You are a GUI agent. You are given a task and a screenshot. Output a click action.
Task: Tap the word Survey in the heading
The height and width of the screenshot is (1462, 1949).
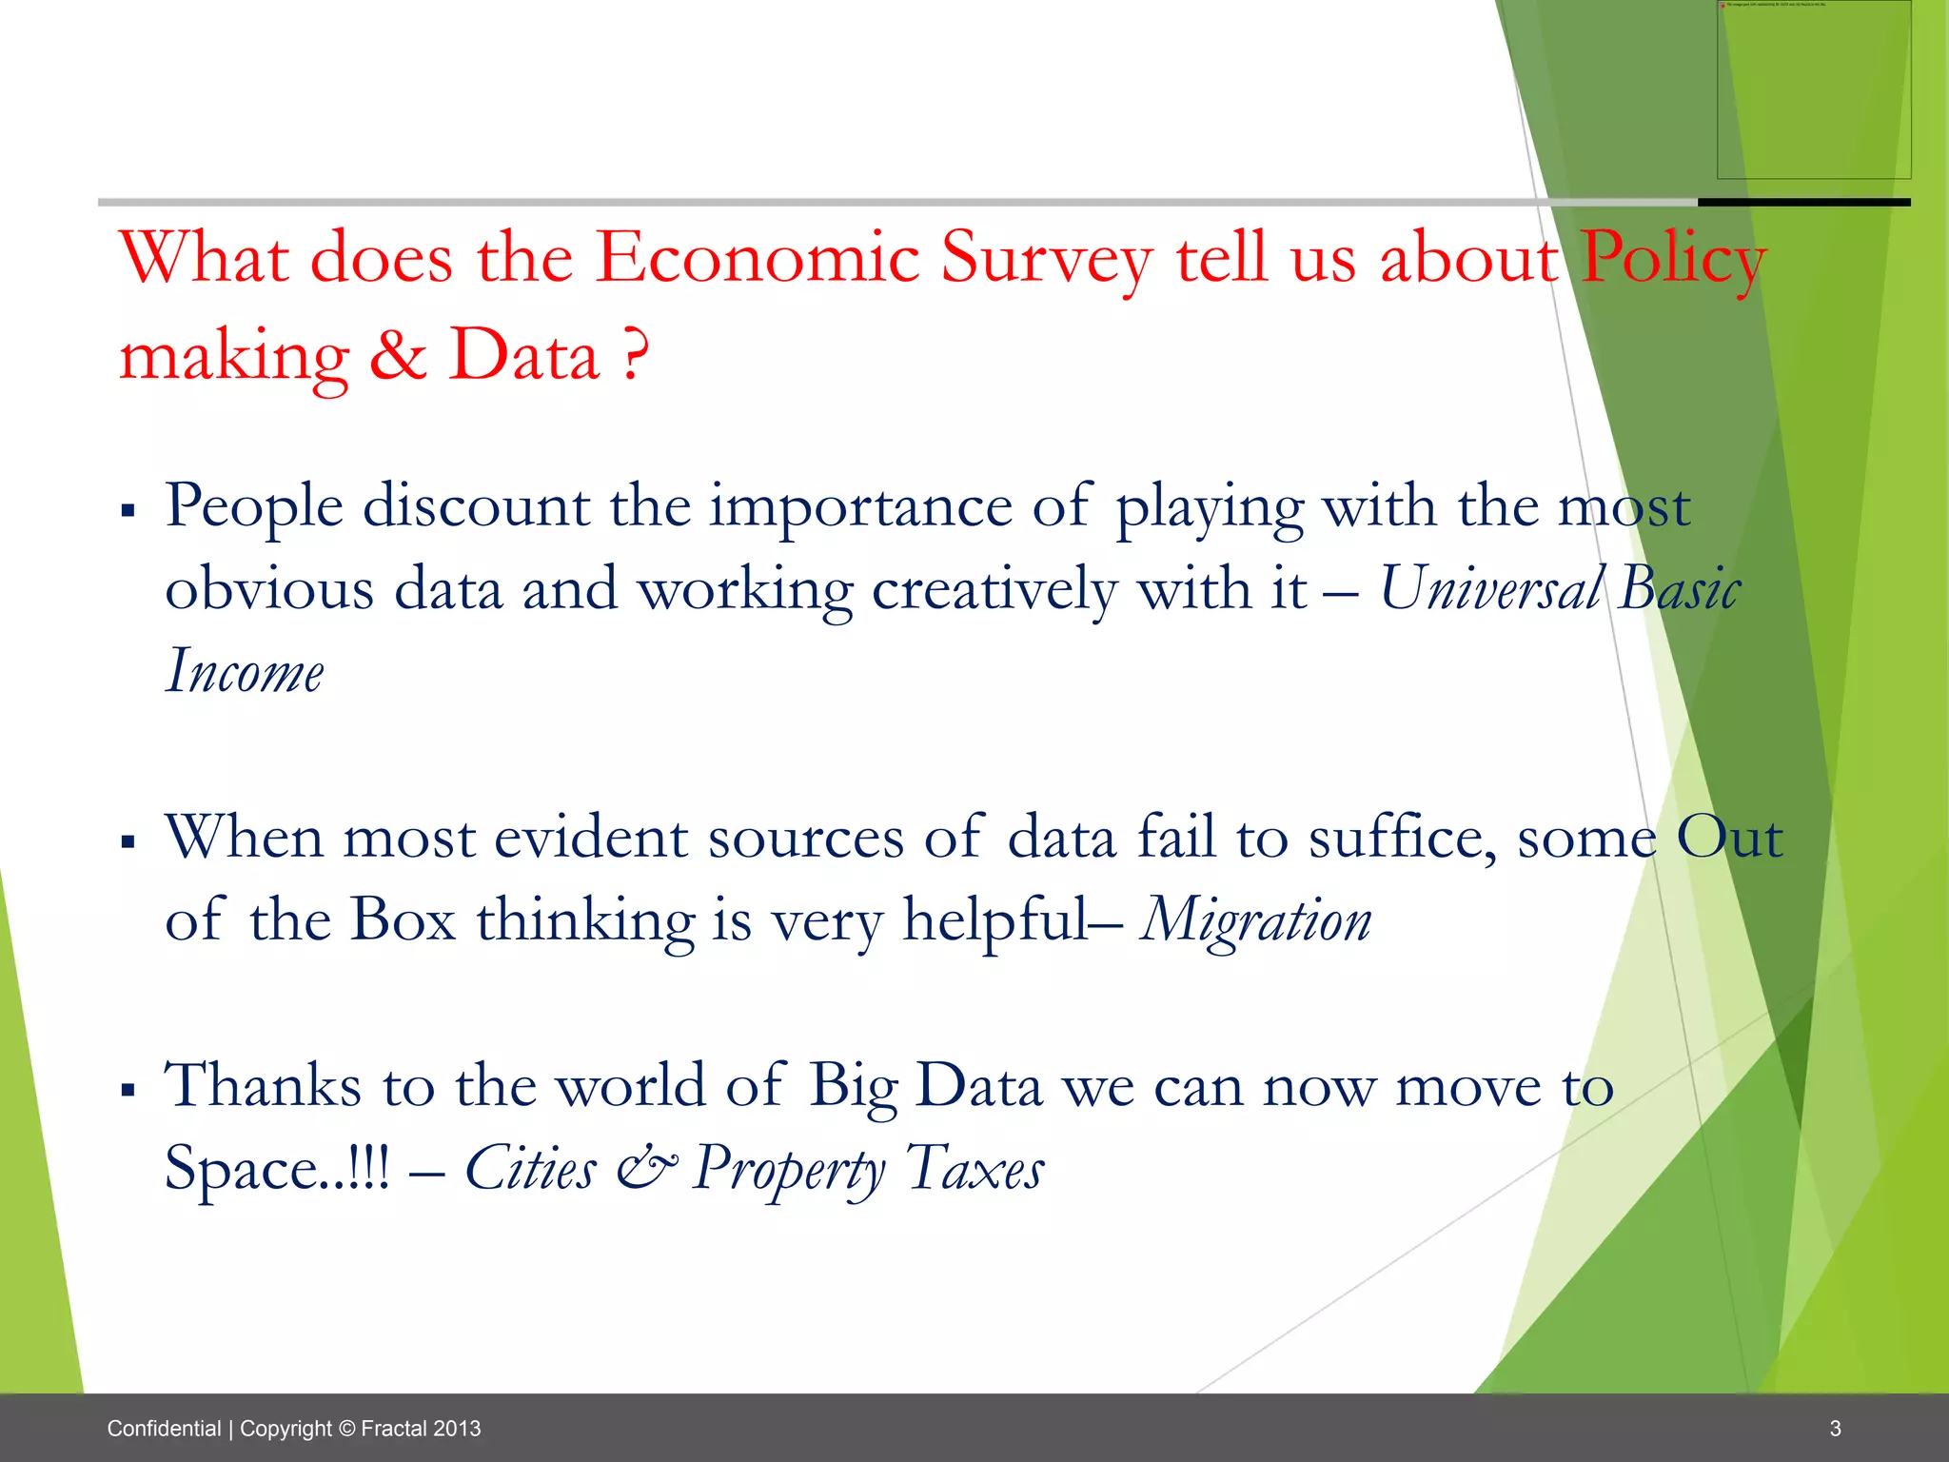click(1046, 259)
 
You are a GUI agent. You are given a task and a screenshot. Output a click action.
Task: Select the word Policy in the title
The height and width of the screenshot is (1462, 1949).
click(1673, 259)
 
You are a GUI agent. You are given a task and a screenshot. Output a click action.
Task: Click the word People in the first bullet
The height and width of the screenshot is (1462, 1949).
click(254, 506)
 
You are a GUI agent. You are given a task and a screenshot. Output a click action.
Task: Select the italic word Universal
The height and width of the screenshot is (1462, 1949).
click(1490, 588)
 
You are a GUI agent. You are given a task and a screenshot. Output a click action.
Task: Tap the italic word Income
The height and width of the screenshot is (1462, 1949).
click(245, 671)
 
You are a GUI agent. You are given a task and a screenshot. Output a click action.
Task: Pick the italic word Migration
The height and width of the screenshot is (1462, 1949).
click(1256, 921)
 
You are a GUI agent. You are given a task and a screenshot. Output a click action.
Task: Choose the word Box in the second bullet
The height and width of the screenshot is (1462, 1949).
click(403, 919)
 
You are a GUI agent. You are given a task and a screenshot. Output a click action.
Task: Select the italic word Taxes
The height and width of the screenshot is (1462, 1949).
click(974, 1168)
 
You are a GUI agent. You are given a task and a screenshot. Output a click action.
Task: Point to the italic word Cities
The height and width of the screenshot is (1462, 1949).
click(530, 1168)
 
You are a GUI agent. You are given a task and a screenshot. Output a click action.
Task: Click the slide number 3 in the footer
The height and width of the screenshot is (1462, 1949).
click(1836, 1429)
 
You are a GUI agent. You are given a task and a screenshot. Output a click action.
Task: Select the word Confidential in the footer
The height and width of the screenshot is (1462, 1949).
click(164, 1429)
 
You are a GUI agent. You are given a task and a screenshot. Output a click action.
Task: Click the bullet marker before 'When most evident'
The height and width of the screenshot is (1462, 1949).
click(128, 841)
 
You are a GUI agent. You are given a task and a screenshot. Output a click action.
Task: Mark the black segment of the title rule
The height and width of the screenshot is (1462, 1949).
click(1803, 203)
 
